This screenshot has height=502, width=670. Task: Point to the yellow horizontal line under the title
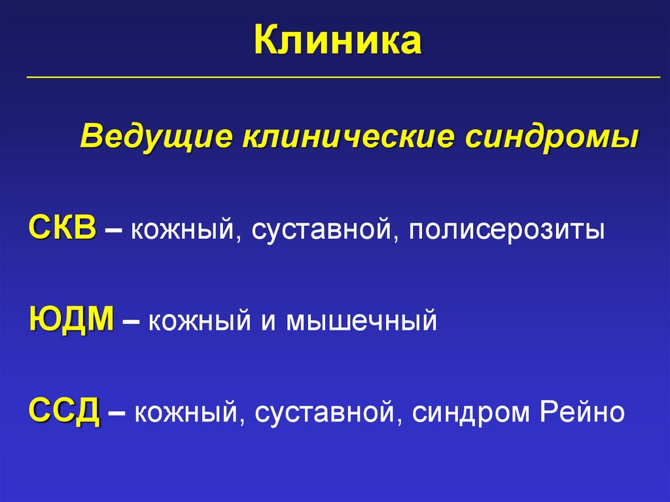click(x=343, y=77)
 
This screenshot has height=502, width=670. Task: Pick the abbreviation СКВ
click(x=62, y=230)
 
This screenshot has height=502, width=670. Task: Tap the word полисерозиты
click(x=507, y=231)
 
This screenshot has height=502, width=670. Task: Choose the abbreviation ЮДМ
click(x=71, y=321)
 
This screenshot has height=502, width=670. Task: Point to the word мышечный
click(x=361, y=322)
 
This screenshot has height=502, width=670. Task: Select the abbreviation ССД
click(x=64, y=412)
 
